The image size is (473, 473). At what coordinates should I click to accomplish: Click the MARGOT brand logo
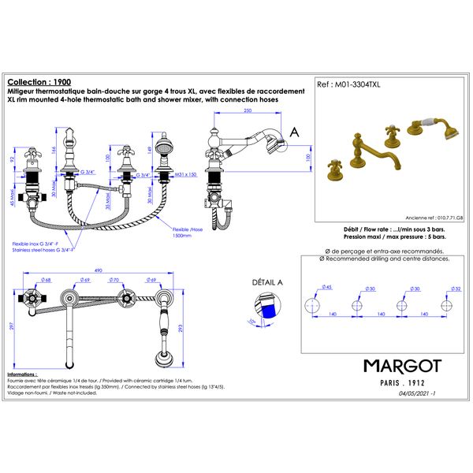coord(402,367)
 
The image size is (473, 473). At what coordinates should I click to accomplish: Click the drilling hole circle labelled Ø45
coord(313,306)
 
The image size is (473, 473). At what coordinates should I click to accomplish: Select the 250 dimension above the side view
coord(248,112)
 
